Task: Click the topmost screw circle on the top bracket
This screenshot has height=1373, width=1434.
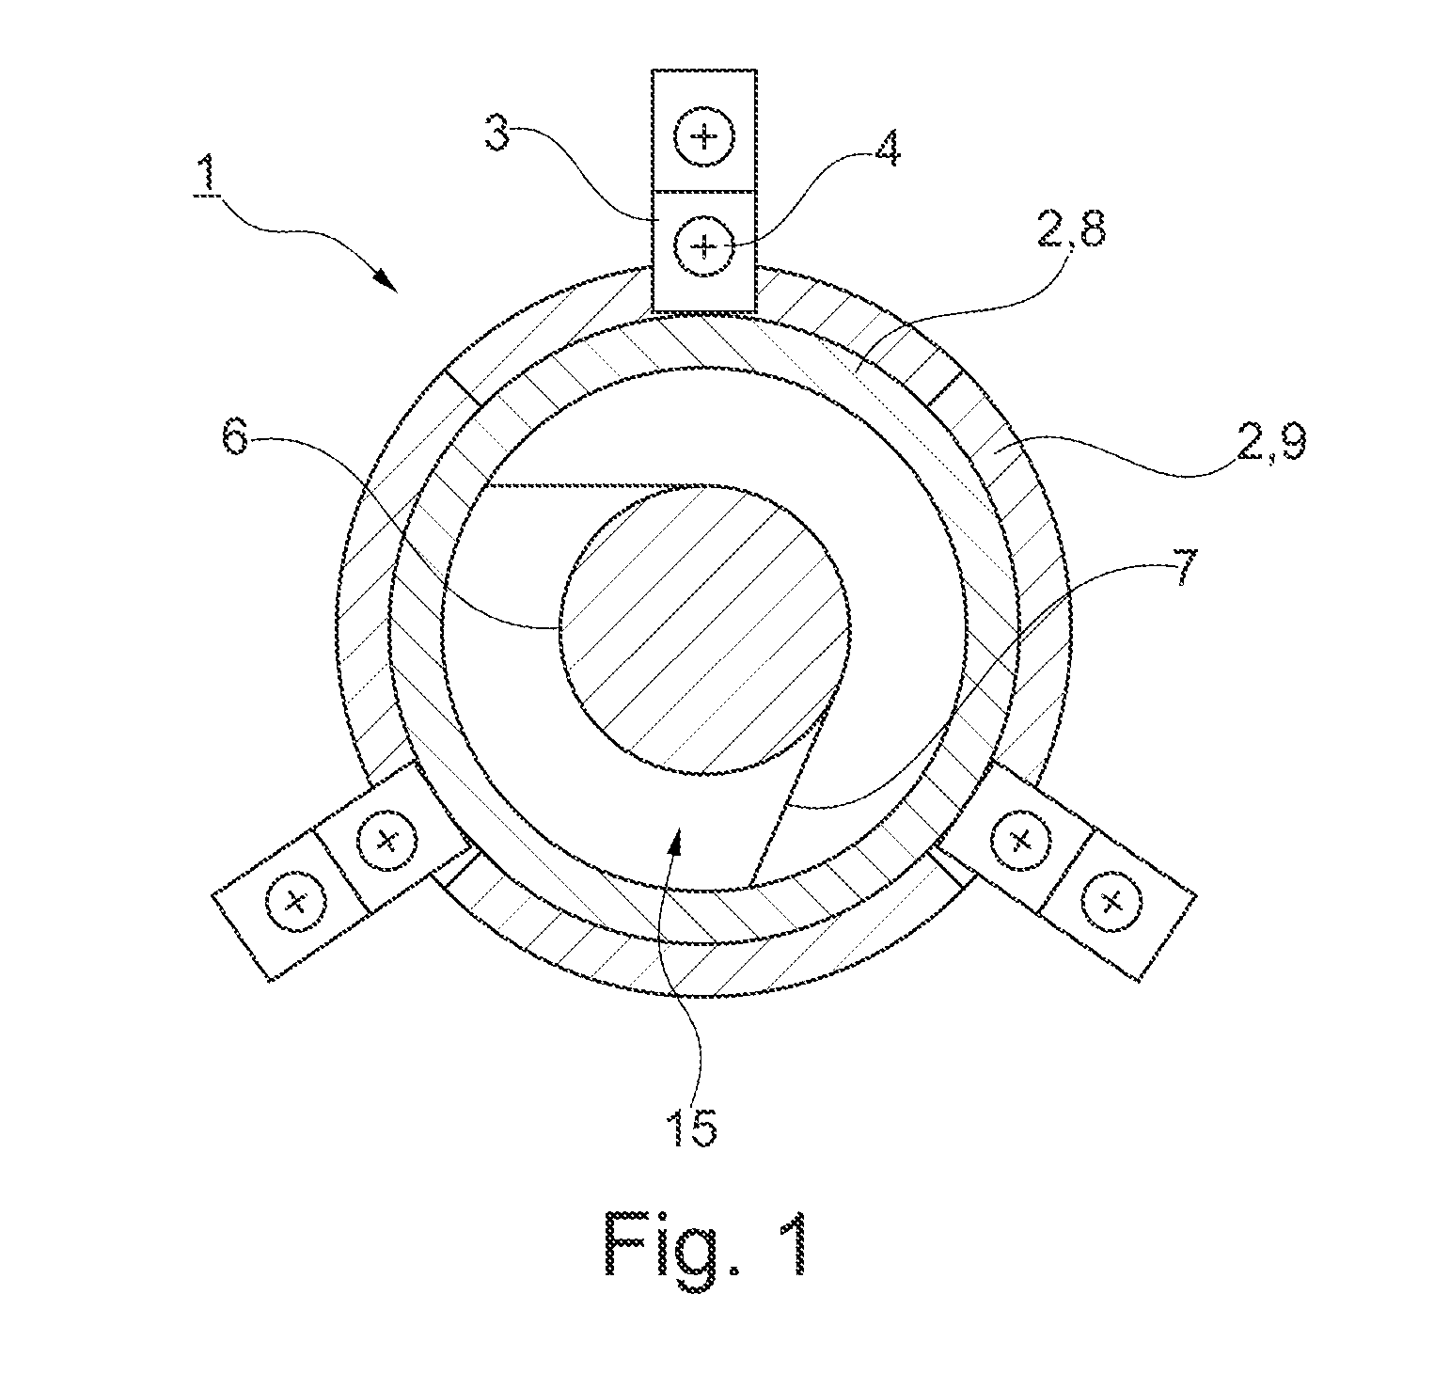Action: [x=704, y=138]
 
